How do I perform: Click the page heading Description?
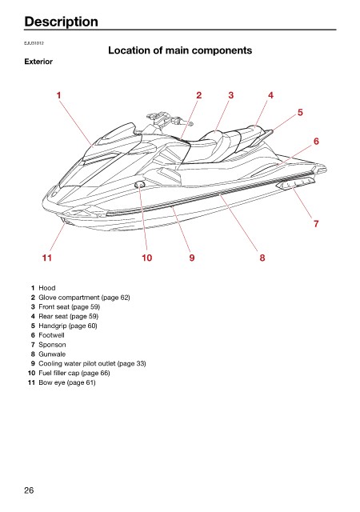click(61, 22)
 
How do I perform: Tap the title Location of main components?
click(180, 50)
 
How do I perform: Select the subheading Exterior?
click(38, 62)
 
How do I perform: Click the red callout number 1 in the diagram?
click(59, 95)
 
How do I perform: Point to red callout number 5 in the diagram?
click(300, 112)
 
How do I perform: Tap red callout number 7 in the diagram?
click(316, 224)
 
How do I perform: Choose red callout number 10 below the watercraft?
click(146, 258)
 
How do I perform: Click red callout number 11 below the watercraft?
click(47, 258)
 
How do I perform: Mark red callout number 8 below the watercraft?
click(262, 258)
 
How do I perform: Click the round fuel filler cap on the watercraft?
click(139, 185)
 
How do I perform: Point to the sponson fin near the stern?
click(295, 184)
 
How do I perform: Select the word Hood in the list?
click(47, 288)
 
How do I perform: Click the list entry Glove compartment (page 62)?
click(84, 298)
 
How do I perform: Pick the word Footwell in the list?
click(51, 335)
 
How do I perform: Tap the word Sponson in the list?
click(52, 345)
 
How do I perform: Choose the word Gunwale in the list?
click(52, 354)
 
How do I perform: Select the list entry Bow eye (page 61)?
click(67, 382)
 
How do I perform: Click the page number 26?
click(29, 490)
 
